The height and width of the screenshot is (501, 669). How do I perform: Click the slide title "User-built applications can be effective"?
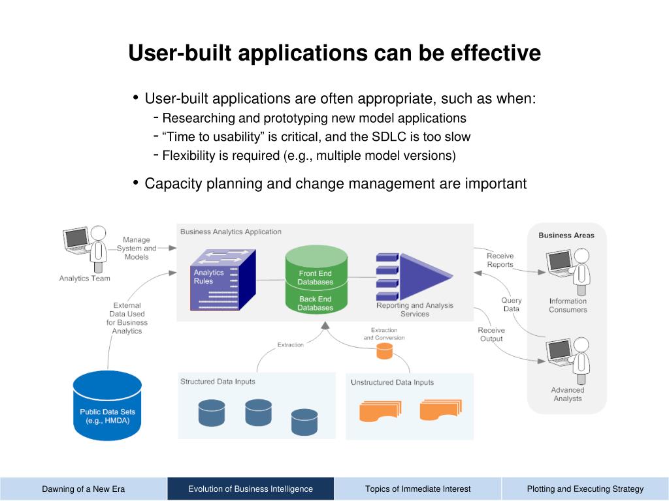334,53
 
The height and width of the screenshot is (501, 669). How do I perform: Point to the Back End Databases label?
316,303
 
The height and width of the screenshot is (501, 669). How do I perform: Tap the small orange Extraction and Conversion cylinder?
384,352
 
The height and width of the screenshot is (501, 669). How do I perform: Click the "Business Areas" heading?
566,235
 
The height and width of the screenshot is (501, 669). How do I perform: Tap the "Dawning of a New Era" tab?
84,489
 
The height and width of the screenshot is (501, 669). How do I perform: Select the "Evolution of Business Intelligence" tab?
251,489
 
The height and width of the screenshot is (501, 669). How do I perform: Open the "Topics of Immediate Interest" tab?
418,489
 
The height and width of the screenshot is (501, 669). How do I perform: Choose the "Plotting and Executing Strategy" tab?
585,489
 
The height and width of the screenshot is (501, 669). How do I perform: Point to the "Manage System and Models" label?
137,249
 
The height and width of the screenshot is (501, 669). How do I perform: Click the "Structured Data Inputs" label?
218,382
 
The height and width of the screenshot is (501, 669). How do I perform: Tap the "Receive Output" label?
491,335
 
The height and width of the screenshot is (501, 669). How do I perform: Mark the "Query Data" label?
512,305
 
